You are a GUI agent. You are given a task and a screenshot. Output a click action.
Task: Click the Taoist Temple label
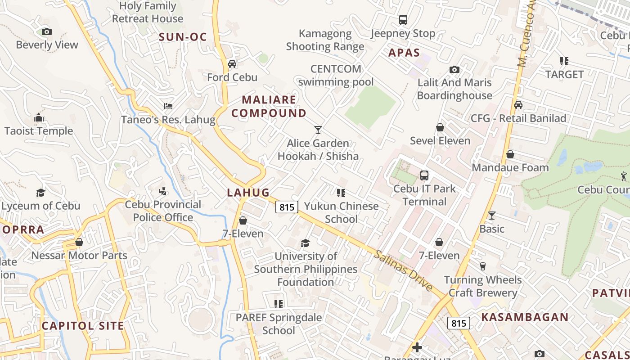coord(39,131)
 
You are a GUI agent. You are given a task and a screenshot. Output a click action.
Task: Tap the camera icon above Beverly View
coord(47,31)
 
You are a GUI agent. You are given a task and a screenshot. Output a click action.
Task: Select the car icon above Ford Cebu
coord(232,64)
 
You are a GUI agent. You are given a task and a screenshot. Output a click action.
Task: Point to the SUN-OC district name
coord(183,37)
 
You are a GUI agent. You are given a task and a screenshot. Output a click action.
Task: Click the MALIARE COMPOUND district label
coord(269,106)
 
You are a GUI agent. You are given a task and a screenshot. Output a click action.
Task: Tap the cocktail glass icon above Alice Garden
coord(318,130)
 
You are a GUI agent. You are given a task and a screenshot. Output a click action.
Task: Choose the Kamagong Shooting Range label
coord(325,40)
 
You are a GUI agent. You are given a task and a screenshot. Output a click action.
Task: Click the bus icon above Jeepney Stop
coord(403,20)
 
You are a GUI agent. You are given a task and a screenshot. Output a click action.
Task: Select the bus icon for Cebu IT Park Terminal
coord(424,175)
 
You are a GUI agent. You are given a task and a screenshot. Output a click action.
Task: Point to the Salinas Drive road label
coord(404,271)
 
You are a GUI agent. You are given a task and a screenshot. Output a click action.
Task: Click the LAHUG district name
coord(248,193)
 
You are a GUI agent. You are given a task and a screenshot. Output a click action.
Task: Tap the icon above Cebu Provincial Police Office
coord(163,191)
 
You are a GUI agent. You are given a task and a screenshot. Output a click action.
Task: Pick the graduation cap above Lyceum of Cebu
coord(41,193)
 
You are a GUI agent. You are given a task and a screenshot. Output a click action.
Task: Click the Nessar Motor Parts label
coord(79,256)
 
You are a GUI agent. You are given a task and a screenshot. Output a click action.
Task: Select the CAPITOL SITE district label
coord(83,326)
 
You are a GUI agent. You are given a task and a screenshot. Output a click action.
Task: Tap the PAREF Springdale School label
coord(279,324)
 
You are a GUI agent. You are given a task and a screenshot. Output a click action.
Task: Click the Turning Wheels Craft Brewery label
coord(483,286)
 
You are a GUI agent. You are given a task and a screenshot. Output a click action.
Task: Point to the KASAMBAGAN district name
coord(525,317)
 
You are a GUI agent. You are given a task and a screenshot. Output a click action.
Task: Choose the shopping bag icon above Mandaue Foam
coord(510,154)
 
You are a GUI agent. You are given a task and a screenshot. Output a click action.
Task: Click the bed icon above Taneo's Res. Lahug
coord(168,106)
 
